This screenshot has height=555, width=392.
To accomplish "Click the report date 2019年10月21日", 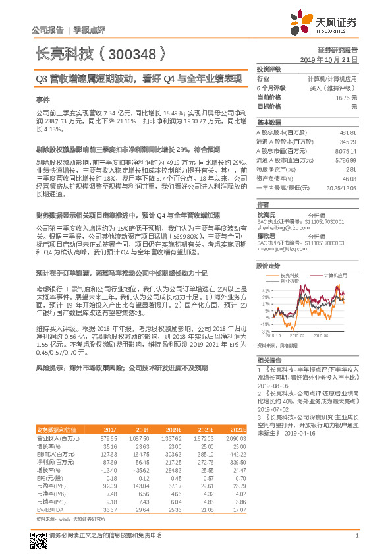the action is tap(333, 59).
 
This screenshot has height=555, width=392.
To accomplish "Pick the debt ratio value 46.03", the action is tap(349, 178).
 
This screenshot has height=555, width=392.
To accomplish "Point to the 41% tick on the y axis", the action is tap(266, 290).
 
